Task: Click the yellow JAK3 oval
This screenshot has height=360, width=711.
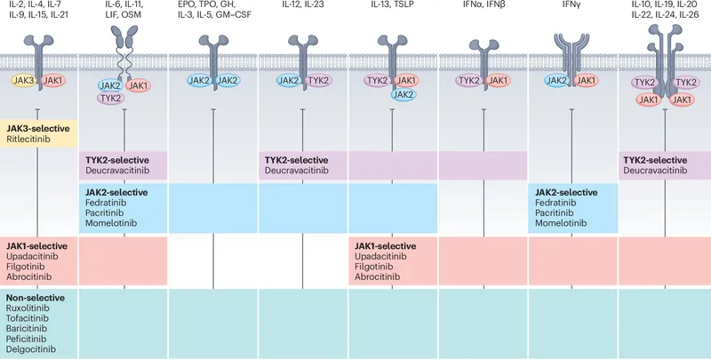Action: tap(22, 80)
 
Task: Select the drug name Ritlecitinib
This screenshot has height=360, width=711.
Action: tap(31, 140)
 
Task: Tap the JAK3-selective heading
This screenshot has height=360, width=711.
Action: tap(38, 128)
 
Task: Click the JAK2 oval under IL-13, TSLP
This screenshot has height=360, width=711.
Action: tap(402, 94)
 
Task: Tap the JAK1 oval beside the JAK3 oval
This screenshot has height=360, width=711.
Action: tap(52, 80)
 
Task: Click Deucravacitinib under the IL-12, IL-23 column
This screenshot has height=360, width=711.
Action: tap(299, 170)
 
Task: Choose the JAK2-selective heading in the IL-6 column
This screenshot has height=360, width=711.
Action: tap(116, 191)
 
